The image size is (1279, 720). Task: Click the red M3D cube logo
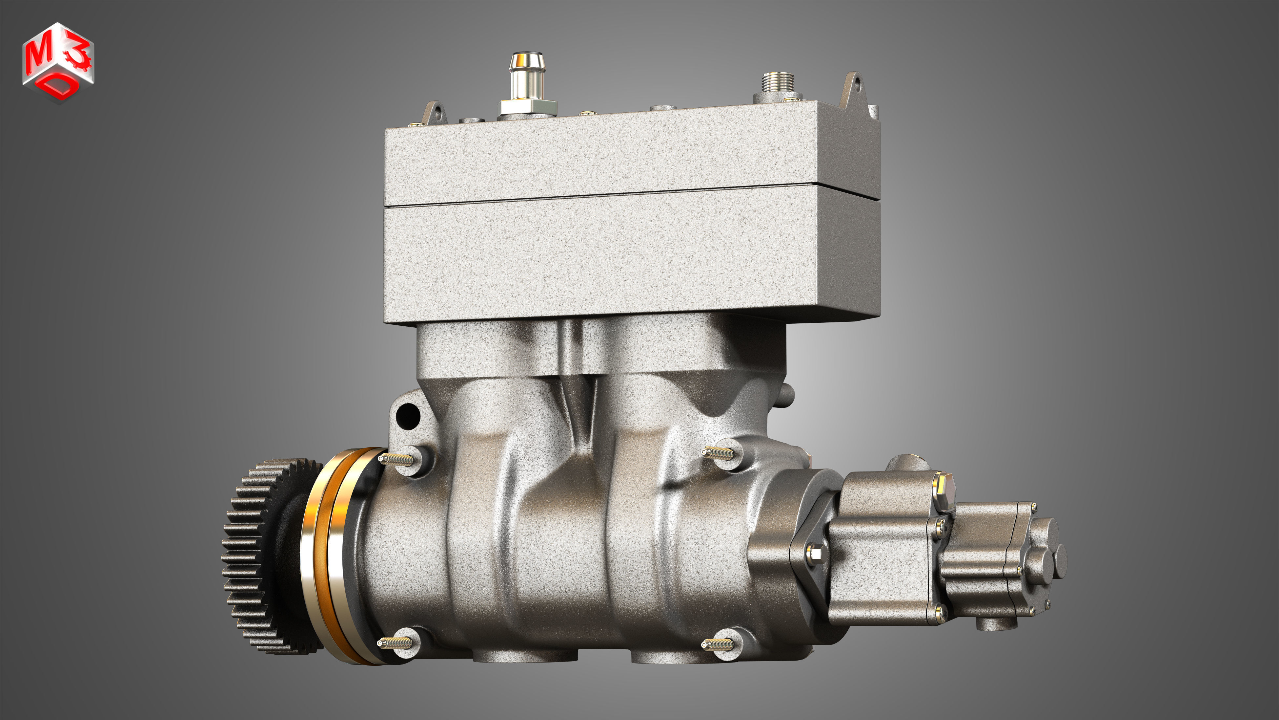coord(58,62)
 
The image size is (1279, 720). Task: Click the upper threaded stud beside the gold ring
coord(397,459)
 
